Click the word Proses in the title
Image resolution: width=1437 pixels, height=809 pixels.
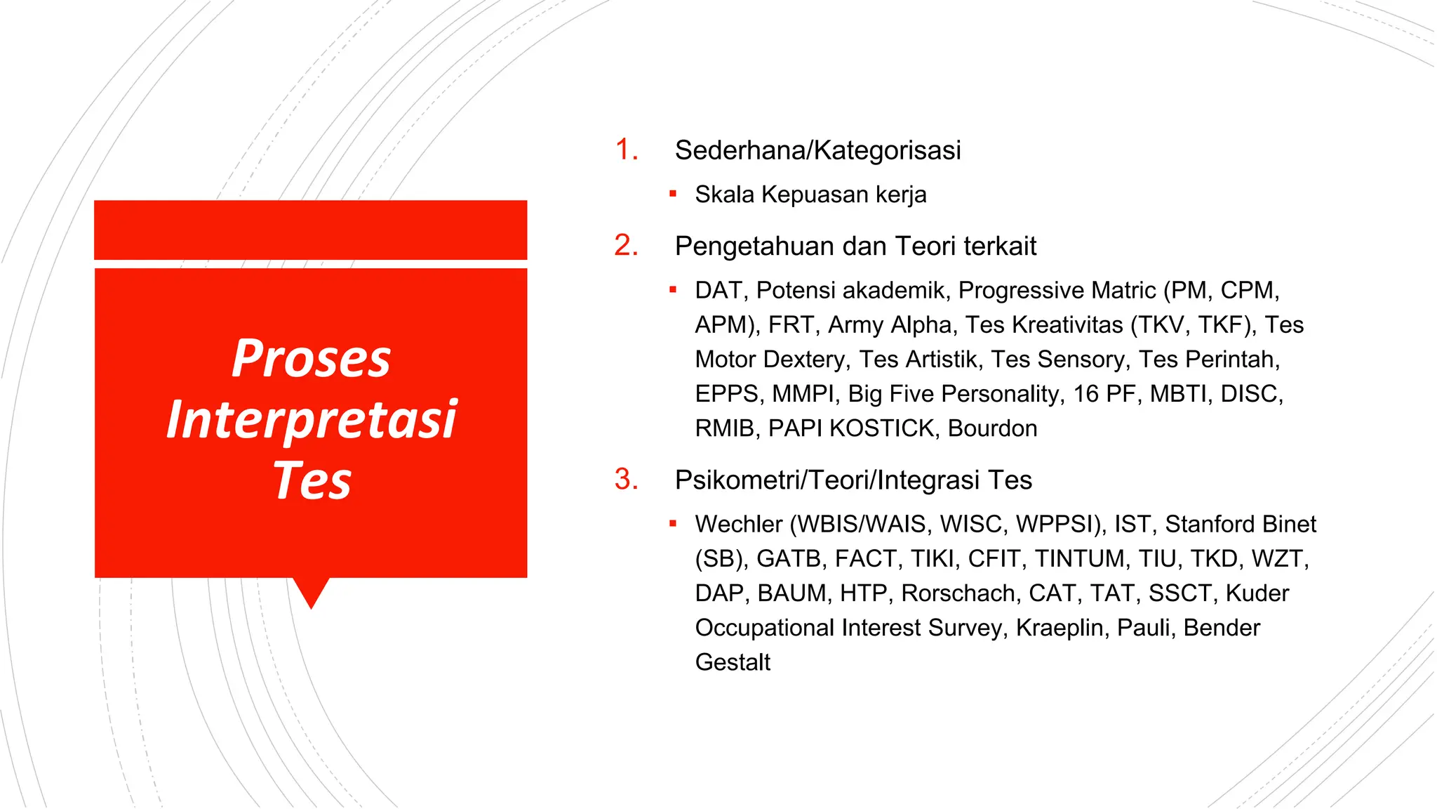[x=311, y=359]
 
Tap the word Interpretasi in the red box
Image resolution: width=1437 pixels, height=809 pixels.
[x=311, y=420]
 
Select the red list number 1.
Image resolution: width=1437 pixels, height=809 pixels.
[x=625, y=150]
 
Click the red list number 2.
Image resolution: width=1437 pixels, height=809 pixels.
[x=625, y=246]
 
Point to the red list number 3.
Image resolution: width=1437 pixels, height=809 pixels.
[x=625, y=480]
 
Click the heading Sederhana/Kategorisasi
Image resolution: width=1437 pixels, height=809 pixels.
[x=817, y=150]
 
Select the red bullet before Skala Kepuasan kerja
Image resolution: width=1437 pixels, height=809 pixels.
[x=673, y=193]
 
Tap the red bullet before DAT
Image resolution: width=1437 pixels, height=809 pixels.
[x=673, y=289]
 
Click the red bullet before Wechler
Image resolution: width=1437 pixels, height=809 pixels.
[x=673, y=523]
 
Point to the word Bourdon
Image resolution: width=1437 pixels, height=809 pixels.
[x=992, y=428]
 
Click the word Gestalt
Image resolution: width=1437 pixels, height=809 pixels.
[x=733, y=662]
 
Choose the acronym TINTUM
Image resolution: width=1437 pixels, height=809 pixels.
[x=1081, y=559]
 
